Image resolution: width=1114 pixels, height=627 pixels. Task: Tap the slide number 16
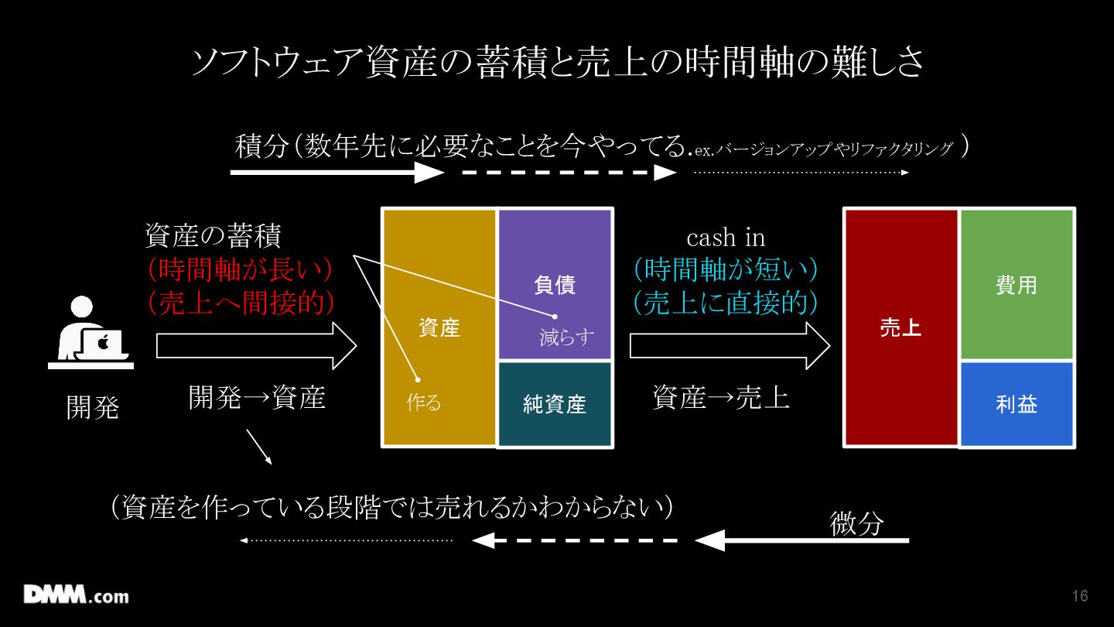[1080, 596]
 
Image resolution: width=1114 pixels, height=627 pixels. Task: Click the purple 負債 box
[555, 285]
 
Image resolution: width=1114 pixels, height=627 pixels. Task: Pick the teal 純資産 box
[555, 404]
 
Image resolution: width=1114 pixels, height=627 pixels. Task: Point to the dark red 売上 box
[900, 327]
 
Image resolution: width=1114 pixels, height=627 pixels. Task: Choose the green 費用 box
[1016, 285]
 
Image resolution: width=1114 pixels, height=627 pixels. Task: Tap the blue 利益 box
[1016, 404]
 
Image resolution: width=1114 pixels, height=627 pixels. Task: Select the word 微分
[856, 523]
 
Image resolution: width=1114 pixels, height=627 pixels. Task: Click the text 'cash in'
[726, 237]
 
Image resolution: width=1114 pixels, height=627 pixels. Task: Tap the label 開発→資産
[257, 397]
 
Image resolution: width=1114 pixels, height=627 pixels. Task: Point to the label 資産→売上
[721, 397]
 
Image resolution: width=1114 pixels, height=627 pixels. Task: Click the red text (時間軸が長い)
[241, 269]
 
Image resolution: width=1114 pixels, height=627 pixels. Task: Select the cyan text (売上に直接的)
[726, 303]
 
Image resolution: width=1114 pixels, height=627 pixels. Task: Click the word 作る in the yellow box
[423, 403]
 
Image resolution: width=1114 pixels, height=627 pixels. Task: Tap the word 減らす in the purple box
[567, 337]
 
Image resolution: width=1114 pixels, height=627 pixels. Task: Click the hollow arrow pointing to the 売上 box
[729, 345]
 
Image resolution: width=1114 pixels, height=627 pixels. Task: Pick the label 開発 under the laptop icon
[93, 406]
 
